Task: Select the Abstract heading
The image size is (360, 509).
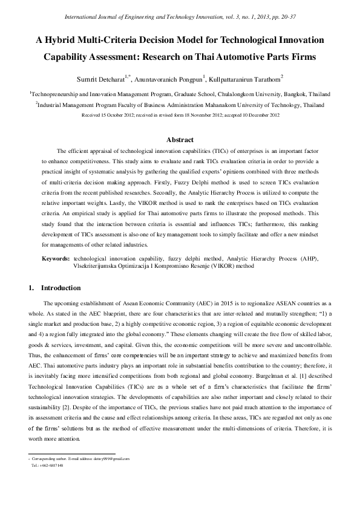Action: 180,139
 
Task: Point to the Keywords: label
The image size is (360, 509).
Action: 55,258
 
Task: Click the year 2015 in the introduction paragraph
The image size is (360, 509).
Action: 203,302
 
